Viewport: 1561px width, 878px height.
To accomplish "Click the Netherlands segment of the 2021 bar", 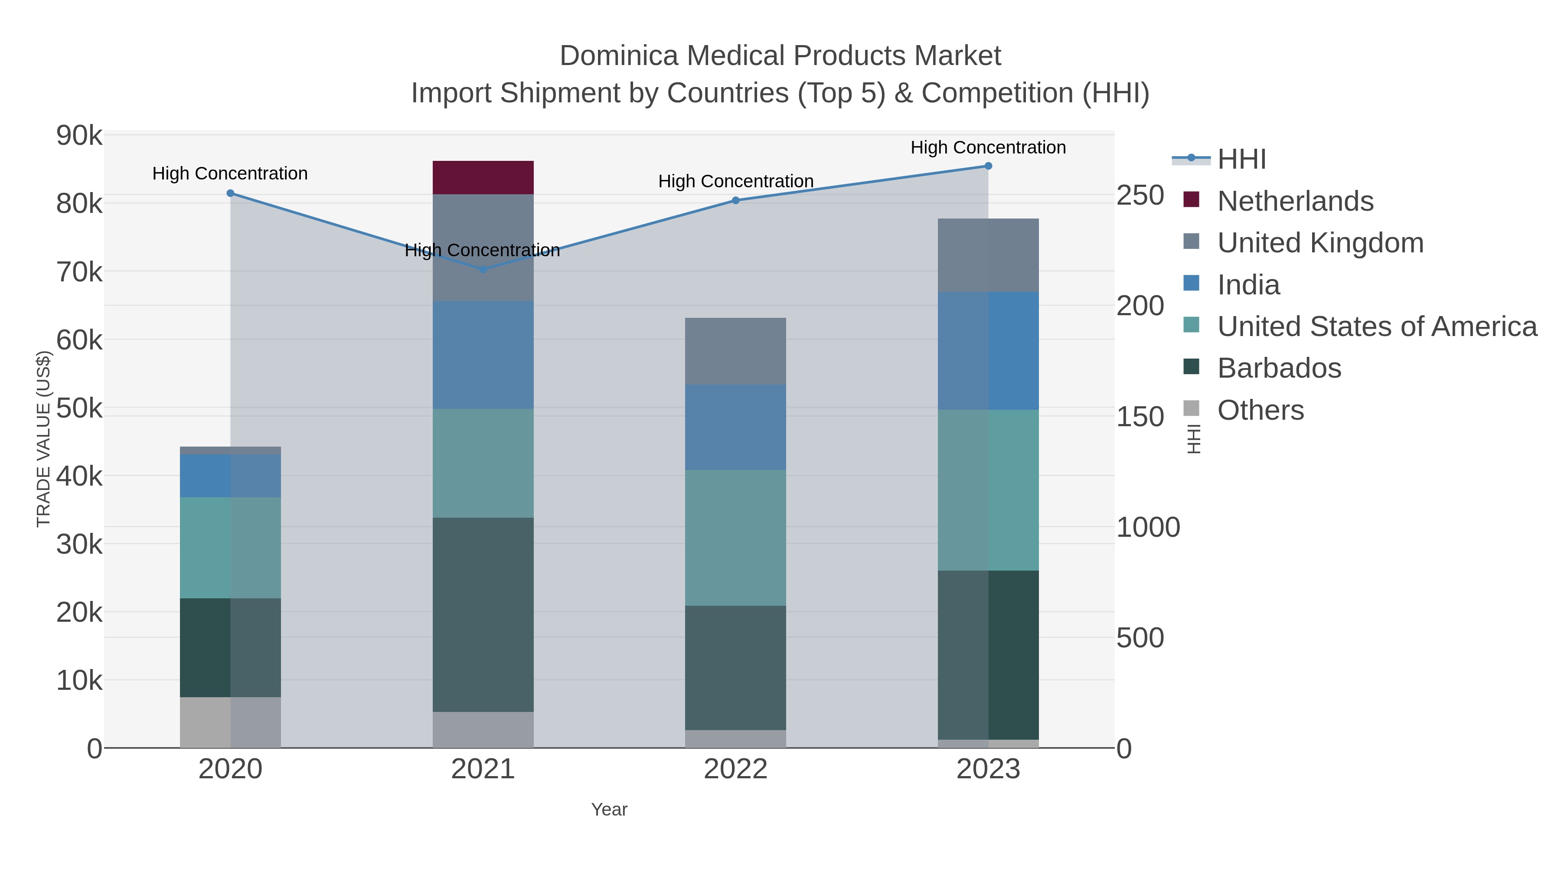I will point(483,177).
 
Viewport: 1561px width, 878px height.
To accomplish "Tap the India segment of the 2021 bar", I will point(483,355).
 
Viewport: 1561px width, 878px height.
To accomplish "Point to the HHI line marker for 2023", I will point(988,166).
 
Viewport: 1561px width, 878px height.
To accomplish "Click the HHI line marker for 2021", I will point(483,270).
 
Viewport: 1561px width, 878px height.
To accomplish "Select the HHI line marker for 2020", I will point(230,193).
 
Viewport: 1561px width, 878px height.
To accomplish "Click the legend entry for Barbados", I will point(1279,369).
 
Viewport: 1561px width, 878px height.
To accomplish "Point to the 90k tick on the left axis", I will point(79,136).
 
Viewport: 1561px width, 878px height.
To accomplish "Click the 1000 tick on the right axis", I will point(1148,527).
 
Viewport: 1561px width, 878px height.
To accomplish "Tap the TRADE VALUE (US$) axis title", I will point(44,439).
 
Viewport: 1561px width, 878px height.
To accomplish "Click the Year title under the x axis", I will point(609,809).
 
